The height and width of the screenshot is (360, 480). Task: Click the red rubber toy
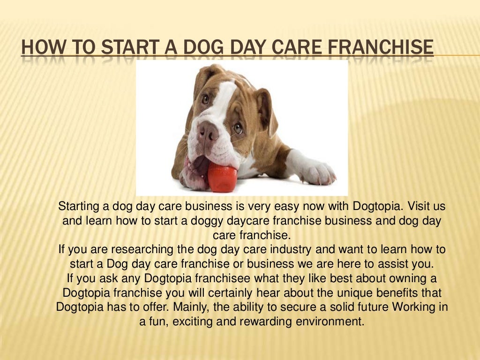tap(222, 178)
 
